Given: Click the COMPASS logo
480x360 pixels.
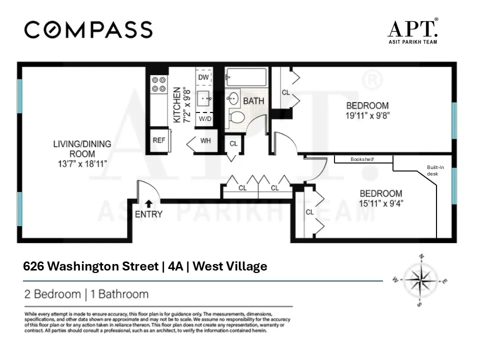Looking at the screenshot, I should pyautogui.click(x=88, y=29).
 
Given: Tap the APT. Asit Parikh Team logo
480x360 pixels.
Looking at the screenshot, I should pyautogui.click(x=412, y=31).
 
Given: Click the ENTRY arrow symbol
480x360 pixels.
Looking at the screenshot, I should pyautogui.click(x=149, y=203).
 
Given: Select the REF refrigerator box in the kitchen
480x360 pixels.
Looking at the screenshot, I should pyautogui.click(x=159, y=140).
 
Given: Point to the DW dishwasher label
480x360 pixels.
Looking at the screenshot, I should pyautogui.click(x=203, y=77).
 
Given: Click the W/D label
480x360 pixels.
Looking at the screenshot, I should pyautogui.click(x=205, y=119).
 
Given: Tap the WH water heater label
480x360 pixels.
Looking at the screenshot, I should pyautogui.click(x=205, y=140).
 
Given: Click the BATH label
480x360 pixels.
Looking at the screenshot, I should pyautogui.click(x=253, y=101).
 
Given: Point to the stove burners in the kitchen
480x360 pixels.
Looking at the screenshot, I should pyautogui.click(x=159, y=84).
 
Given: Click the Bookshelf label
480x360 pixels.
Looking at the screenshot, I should pyautogui.click(x=362, y=159).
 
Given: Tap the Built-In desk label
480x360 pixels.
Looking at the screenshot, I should pyautogui.click(x=435, y=170).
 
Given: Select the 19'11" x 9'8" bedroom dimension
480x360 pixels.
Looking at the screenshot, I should pyautogui.click(x=367, y=114).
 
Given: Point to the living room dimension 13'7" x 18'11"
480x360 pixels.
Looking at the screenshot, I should pyautogui.click(x=82, y=163).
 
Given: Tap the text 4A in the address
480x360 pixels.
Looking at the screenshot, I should pyautogui.click(x=175, y=266).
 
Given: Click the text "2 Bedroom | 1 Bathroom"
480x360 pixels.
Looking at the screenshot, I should pyautogui.click(x=86, y=294).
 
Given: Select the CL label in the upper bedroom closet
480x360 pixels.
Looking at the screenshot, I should pyautogui.click(x=286, y=92).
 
